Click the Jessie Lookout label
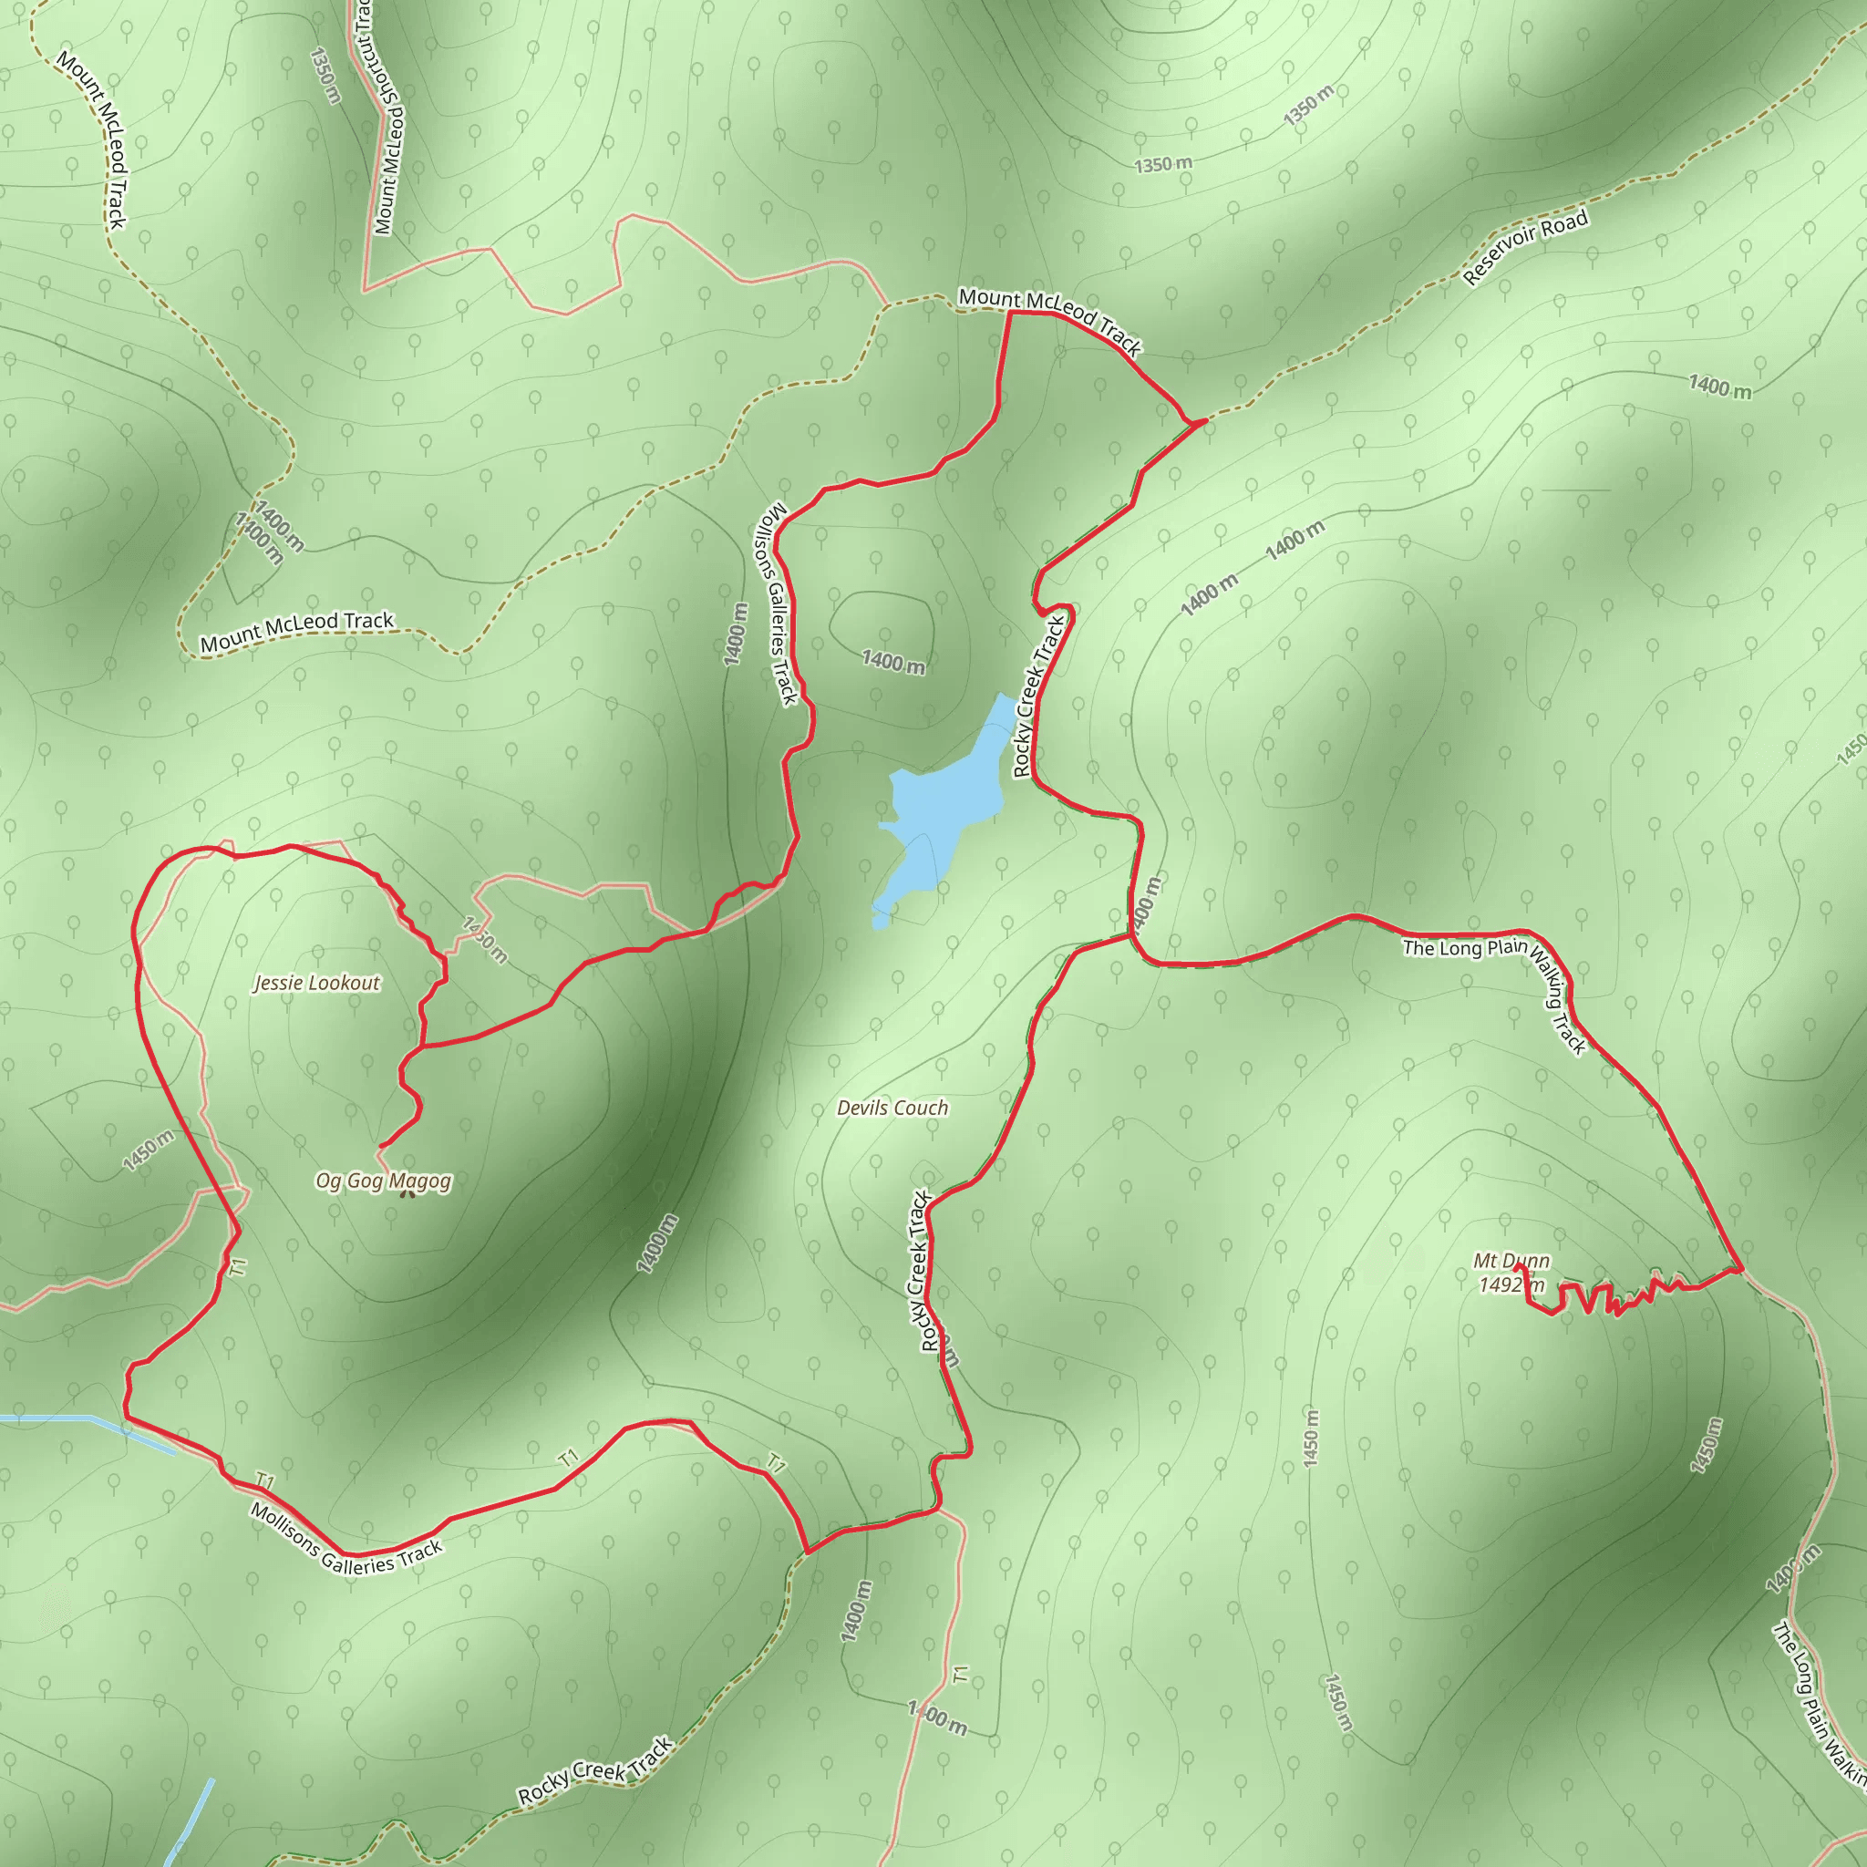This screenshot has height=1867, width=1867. pos(317,983)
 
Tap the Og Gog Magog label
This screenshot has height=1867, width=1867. pos(384,1181)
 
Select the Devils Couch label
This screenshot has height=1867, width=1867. pos(892,1109)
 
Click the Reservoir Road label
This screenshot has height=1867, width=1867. pos(1525,249)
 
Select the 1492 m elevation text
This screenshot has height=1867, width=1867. pos(1511,1285)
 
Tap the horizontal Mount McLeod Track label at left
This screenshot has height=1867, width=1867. pos(296,632)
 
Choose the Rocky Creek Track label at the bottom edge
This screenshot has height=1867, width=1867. pos(595,1770)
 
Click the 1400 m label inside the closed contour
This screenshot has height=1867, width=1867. pos(892,662)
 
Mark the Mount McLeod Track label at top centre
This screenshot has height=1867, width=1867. pos(1049,319)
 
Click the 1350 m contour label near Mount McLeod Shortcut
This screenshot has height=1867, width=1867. pos(325,76)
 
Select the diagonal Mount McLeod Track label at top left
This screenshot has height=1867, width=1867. pos(92,140)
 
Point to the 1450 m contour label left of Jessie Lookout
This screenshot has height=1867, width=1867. pos(149,1150)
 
